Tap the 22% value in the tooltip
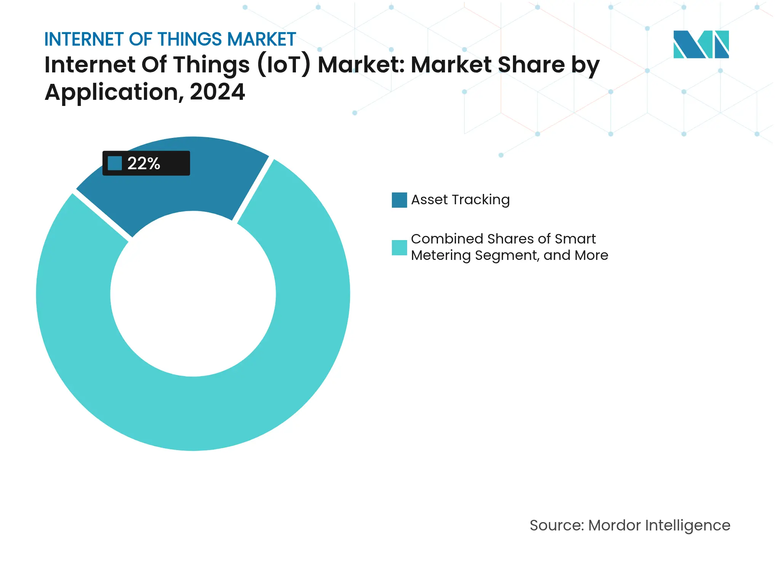click(x=144, y=163)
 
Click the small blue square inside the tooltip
click(x=115, y=163)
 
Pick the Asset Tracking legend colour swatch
click(x=399, y=200)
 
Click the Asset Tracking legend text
click(x=460, y=200)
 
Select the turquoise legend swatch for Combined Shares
click(x=399, y=248)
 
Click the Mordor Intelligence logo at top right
click(x=701, y=44)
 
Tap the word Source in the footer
click(x=556, y=526)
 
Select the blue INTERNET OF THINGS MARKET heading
click(x=170, y=39)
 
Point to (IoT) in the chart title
click(x=284, y=65)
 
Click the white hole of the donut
click(x=193, y=294)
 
